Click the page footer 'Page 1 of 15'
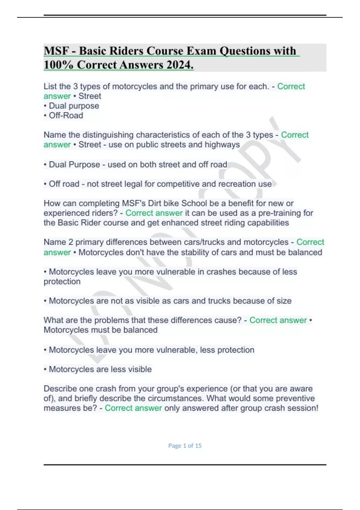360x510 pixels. tap(185, 445)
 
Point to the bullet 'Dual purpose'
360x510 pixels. tap(74, 106)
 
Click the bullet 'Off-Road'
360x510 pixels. tap(66, 115)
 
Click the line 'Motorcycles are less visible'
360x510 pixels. tap(100, 369)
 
